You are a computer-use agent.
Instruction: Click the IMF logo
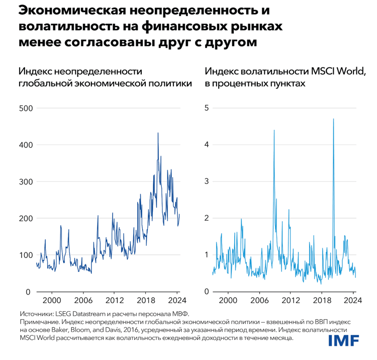[x=344, y=340]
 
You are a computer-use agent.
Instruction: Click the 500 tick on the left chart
[x=25, y=108]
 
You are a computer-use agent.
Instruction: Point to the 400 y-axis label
[x=25, y=145]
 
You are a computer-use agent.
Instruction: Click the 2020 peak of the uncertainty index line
[x=158, y=133]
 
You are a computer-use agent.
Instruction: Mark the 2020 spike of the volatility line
[x=333, y=119]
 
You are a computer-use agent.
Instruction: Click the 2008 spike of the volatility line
[x=274, y=131]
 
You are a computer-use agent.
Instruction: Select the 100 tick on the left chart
[x=25, y=255]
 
